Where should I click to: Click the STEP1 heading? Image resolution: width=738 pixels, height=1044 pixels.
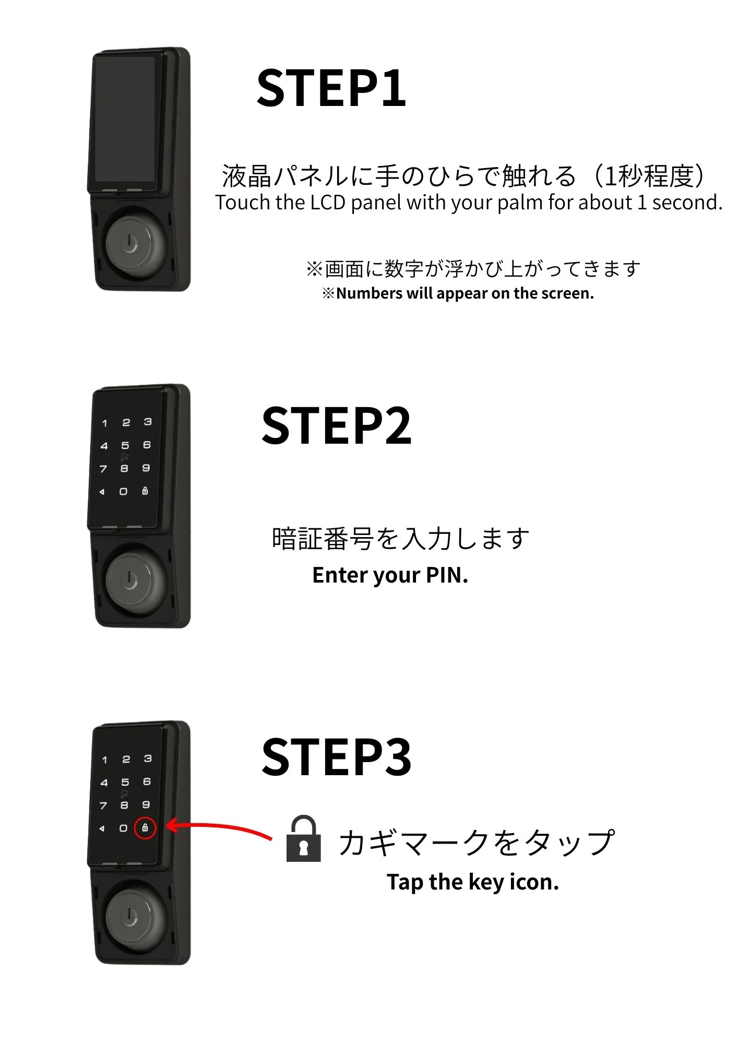331,88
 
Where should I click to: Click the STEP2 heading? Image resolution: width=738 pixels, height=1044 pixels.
337,425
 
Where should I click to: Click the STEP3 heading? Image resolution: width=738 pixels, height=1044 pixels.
337,756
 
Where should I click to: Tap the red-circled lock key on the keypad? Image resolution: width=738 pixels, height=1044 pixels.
145,828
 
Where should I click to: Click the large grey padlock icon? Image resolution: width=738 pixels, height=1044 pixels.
303,838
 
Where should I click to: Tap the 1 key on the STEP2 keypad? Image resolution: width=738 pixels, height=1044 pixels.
104,423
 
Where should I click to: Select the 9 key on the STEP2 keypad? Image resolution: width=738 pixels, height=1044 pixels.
146,468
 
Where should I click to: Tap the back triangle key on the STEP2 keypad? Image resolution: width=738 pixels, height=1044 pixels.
102,492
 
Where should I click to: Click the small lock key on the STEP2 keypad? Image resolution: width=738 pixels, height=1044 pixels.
145,491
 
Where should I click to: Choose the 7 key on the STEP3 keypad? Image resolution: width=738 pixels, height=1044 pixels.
103,805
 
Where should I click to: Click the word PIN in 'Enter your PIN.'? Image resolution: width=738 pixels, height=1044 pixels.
447,575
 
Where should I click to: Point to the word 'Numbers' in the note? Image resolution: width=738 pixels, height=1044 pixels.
369,293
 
